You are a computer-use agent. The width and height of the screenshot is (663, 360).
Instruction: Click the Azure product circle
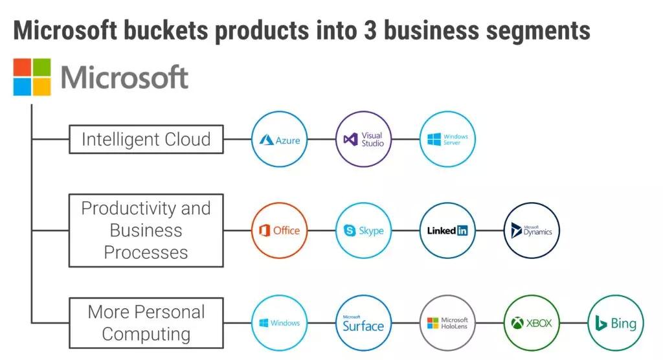[279, 139]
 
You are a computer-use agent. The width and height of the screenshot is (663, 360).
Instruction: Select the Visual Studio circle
[363, 139]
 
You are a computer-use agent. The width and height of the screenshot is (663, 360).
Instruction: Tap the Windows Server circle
[447, 139]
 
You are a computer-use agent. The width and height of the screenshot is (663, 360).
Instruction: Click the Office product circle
[279, 231]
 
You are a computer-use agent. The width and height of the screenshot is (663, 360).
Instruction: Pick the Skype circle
[363, 231]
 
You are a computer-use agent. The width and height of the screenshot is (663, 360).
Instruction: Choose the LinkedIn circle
[447, 231]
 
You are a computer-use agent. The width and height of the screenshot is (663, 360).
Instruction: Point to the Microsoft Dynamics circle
[532, 231]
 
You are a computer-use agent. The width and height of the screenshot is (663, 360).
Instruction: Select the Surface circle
[363, 323]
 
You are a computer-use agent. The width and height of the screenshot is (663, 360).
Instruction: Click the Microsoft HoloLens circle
[447, 323]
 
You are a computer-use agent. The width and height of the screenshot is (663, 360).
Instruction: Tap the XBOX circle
[532, 323]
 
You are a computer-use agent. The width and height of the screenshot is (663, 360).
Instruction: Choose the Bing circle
[616, 323]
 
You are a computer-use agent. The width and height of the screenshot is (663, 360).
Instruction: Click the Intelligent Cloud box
[146, 139]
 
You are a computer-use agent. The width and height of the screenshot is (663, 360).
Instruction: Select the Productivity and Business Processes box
[146, 231]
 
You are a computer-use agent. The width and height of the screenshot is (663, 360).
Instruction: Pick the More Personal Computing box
[146, 323]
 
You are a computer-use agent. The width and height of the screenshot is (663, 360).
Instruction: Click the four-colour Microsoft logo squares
[32, 78]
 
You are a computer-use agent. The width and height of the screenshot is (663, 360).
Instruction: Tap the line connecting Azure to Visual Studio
[321, 139]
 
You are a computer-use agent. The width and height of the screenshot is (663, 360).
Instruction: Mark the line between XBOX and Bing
[574, 323]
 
